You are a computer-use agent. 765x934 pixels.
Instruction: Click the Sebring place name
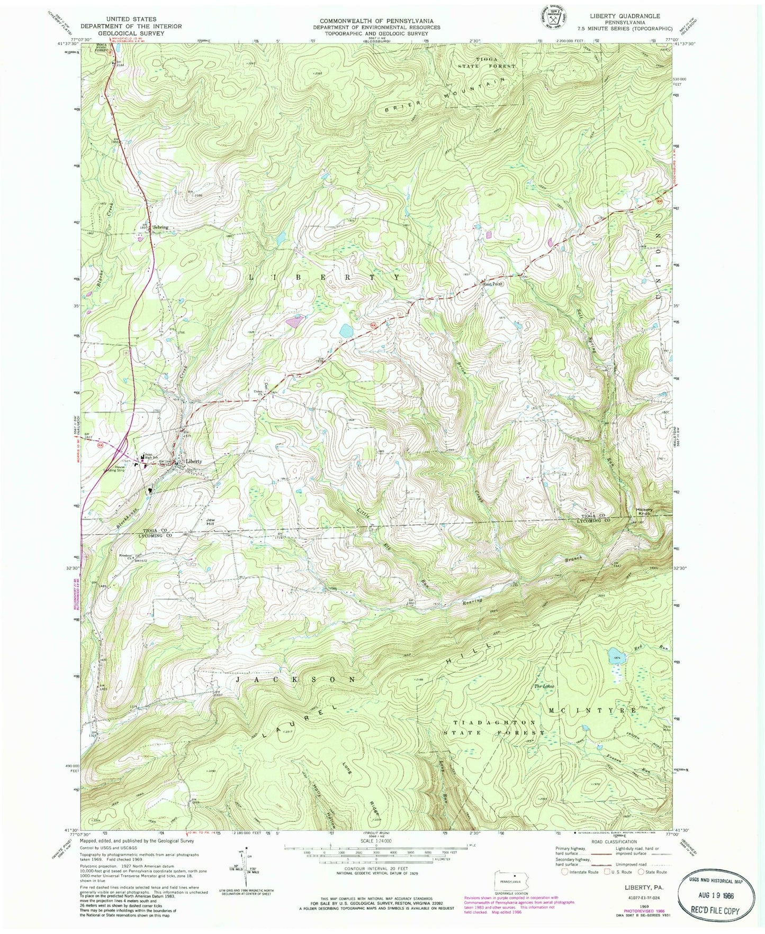pos(160,227)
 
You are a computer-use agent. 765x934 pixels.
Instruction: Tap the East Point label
pos(491,283)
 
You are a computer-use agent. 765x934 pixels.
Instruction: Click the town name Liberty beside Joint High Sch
pos(193,461)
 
